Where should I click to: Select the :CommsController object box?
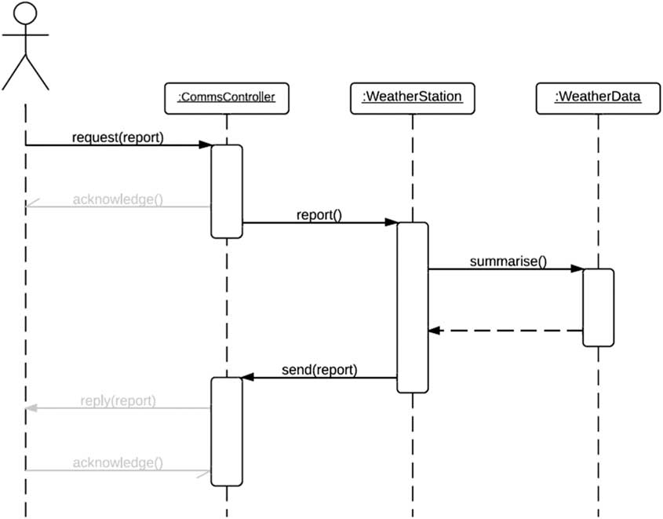[227, 97]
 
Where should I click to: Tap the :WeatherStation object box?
[412, 97]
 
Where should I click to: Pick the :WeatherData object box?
[598, 97]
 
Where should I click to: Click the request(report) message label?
[118, 137]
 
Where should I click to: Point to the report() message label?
[319, 214]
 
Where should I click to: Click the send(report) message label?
[319, 369]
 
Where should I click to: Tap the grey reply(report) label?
[118, 400]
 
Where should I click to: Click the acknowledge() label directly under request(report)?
[118, 199]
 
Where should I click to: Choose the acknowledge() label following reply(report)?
[118, 462]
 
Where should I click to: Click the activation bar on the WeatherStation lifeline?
[412, 307]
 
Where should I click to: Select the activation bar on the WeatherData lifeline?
[598, 307]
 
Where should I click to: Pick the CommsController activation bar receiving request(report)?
[227, 191]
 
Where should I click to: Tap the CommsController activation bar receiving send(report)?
[227, 431]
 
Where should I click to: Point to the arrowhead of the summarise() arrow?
[576, 269]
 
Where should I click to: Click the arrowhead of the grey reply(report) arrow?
[30, 408]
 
